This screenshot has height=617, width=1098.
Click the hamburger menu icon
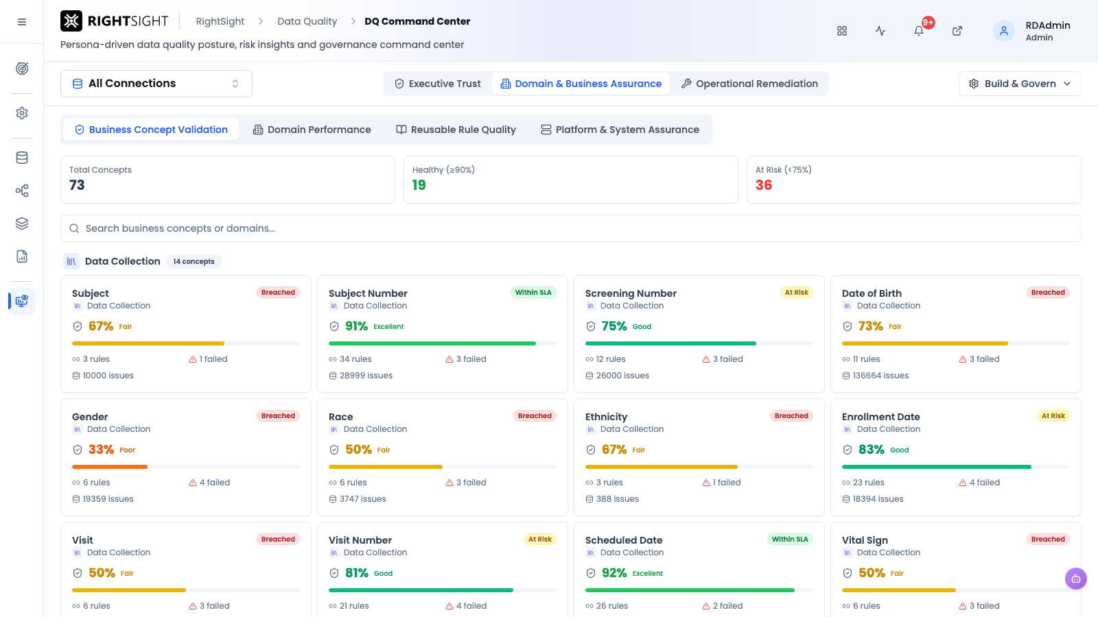click(21, 22)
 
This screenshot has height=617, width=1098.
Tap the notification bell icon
click(919, 31)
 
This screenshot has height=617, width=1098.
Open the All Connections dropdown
click(156, 84)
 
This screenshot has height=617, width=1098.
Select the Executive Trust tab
click(438, 84)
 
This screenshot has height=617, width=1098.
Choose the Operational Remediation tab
click(749, 84)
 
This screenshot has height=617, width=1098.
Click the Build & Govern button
click(1020, 84)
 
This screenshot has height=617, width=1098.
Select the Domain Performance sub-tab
click(312, 130)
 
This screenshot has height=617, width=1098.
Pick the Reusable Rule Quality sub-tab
click(456, 130)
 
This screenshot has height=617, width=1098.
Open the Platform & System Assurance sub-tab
click(620, 130)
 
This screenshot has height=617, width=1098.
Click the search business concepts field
click(570, 228)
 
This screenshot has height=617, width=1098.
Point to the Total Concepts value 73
click(77, 185)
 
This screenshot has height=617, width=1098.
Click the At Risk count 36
click(764, 185)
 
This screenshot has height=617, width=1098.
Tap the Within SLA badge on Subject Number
click(533, 292)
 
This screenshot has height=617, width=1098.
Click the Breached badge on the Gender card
click(278, 415)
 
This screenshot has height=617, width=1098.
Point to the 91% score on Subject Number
click(356, 326)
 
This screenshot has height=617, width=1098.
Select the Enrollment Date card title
click(881, 417)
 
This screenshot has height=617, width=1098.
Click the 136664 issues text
click(880, 376)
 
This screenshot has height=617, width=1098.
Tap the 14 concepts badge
click(194, 261)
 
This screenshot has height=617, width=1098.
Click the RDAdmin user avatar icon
click(1003, 31)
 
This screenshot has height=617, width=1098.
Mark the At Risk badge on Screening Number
click(797, 292)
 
